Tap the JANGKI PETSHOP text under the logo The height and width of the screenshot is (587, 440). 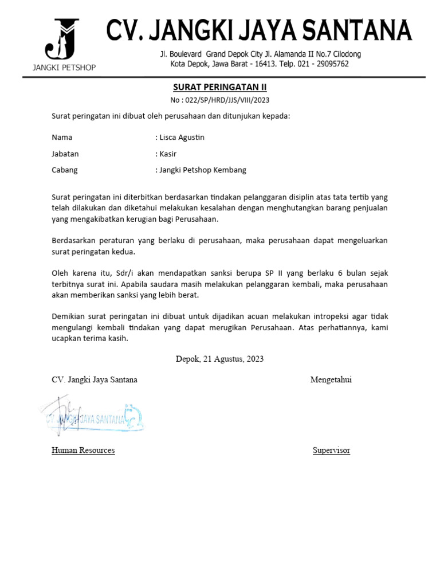(64, 68)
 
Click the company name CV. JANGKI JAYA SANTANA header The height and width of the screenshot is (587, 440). (259, 30)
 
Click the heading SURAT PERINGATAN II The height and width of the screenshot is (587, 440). (220, 88)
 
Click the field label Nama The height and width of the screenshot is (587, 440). (62, 138)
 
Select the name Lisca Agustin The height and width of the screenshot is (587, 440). (182, 138)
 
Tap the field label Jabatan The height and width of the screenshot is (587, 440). (65, 154)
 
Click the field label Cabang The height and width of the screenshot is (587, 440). (65, 170)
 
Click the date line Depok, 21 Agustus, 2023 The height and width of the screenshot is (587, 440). (220, 359)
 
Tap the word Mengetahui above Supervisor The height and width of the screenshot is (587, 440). (331, 379)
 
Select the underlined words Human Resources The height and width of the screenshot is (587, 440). (83, 450)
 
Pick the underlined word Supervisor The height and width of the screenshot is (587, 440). (331, 450)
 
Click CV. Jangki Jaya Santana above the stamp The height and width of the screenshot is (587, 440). (95, 379)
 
